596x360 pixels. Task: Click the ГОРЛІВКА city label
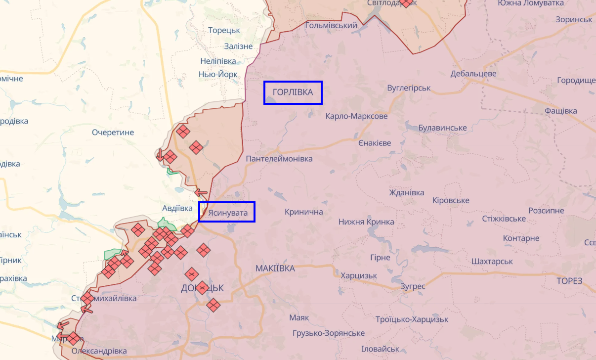click(293, 92)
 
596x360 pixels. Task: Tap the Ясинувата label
click(227, 212)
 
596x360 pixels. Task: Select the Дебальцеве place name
click(473, 74)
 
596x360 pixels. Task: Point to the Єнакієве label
click(374, 143)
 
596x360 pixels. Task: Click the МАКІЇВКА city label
click(275, 268)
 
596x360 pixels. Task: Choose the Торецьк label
click(224, 30)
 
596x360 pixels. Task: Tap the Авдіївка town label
click(177, 208)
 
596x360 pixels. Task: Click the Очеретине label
click(113, 133)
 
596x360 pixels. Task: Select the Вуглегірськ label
click(409, 88)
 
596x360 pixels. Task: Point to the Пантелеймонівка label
click(279, 159)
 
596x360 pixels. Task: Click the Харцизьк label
click(358, 275)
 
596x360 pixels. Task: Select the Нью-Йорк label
click(218, 74)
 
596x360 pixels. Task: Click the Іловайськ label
click(380, 349)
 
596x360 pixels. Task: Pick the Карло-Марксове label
click(356, 116)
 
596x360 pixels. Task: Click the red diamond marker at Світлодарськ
click(405, 2)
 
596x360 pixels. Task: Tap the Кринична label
click(303, 212)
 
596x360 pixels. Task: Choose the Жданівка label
click(406, 192)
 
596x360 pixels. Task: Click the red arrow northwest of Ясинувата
click(201, 192)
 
